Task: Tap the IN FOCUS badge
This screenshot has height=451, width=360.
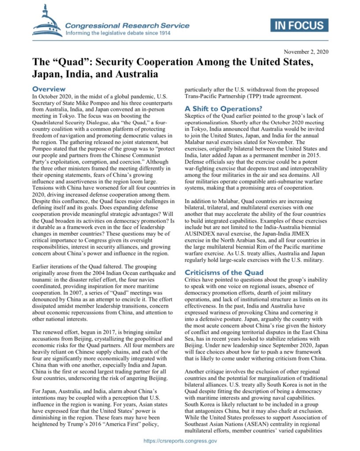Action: pyautogui.click(x=300, y=25)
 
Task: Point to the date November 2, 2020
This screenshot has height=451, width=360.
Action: pyautogui.click(x=306, y=52)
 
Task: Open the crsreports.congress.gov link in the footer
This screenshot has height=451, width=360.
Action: pyautogui.click(x=180, y=440)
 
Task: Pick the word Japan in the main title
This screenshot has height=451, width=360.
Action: pyautogui.click(x=45, y=73)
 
